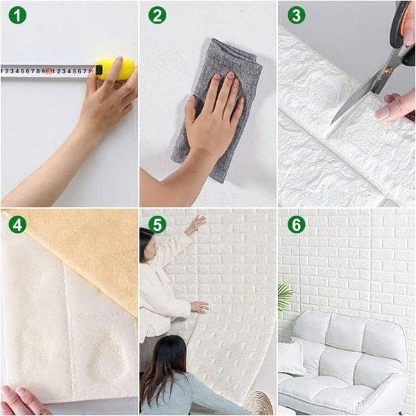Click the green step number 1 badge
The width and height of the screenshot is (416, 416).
17,15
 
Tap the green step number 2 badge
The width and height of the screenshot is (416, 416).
157,15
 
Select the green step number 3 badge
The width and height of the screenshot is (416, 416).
296,15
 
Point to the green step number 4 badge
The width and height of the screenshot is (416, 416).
17,224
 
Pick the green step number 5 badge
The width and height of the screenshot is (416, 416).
157,224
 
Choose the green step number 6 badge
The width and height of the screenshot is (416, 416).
296,224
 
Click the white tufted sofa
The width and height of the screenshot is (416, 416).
347,361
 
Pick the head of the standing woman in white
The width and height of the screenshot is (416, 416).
146,243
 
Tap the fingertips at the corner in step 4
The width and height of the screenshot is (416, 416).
21,400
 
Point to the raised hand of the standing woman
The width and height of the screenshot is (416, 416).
197,223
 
